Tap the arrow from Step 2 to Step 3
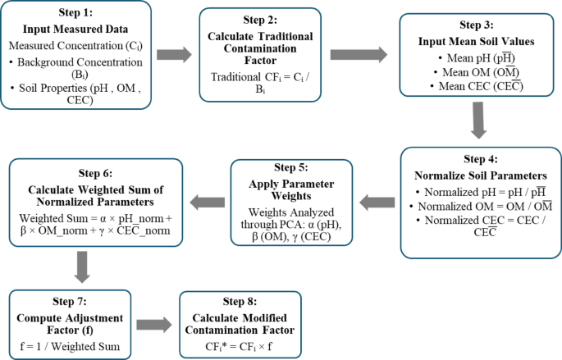(357, 54)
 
